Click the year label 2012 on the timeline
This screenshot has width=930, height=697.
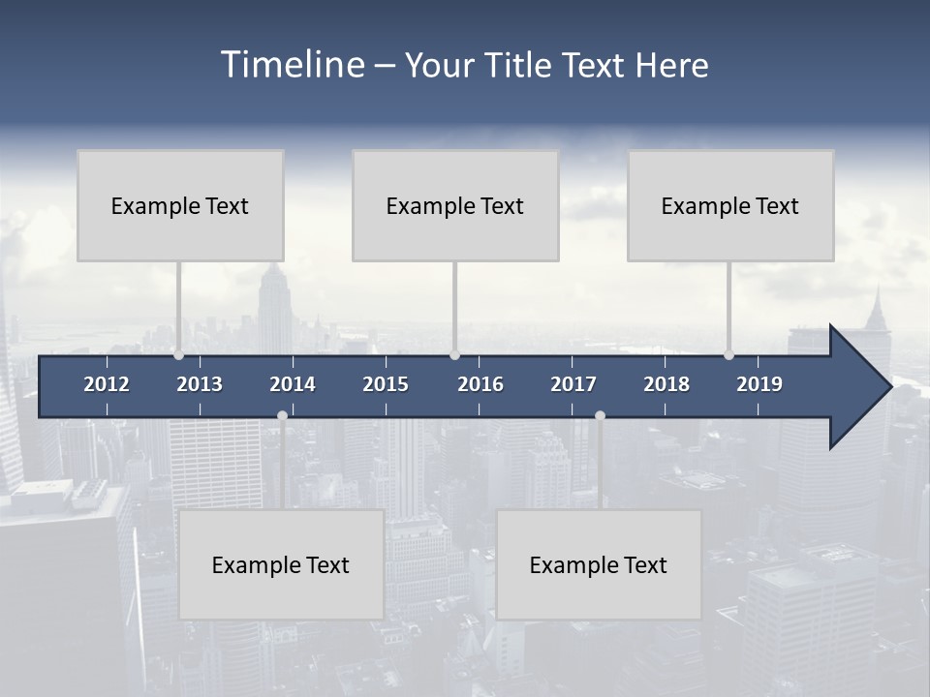coord(107,384)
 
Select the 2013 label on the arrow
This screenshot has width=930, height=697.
coord(200,384)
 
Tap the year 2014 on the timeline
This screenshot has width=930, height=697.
coord(293,384)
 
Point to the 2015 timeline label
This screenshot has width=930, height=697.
coord(386,384)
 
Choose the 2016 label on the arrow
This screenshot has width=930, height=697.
coord(480,384)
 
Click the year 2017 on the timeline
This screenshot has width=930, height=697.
coord(573,384)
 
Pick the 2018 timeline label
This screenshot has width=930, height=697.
coord(666,384)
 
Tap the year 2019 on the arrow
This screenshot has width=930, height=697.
coord(759,384)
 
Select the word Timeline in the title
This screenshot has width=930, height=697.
coord(293,65)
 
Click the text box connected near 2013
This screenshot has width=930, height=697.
coord(180,205)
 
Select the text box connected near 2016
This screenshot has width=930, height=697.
coord(455,205)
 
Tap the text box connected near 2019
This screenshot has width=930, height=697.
coord(730,205)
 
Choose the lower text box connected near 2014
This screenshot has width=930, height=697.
coord(281,564)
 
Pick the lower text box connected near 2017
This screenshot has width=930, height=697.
coord(599,564)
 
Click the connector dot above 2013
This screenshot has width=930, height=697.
coord(178,355)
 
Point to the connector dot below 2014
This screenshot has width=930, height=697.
coord(282,416)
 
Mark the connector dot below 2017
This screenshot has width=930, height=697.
coord(600,416)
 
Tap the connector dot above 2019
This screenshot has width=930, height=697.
coord(728,355)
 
